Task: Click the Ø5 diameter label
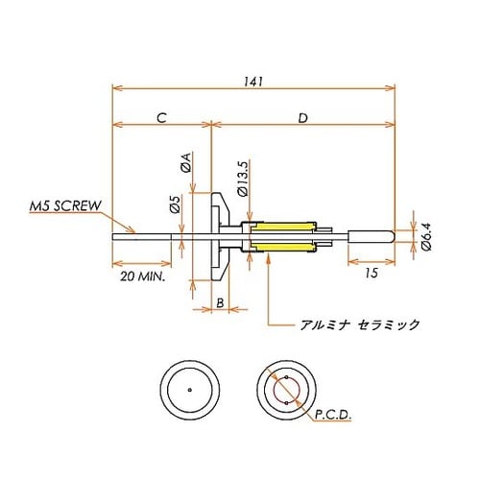174,204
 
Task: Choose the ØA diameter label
186,165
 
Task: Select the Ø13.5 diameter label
243,178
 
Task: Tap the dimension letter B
219,302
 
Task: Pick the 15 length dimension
371,275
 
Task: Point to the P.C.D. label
332,415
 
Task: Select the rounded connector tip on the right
371,236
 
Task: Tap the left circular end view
191,389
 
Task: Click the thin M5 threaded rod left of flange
144,235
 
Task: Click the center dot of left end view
191,389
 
